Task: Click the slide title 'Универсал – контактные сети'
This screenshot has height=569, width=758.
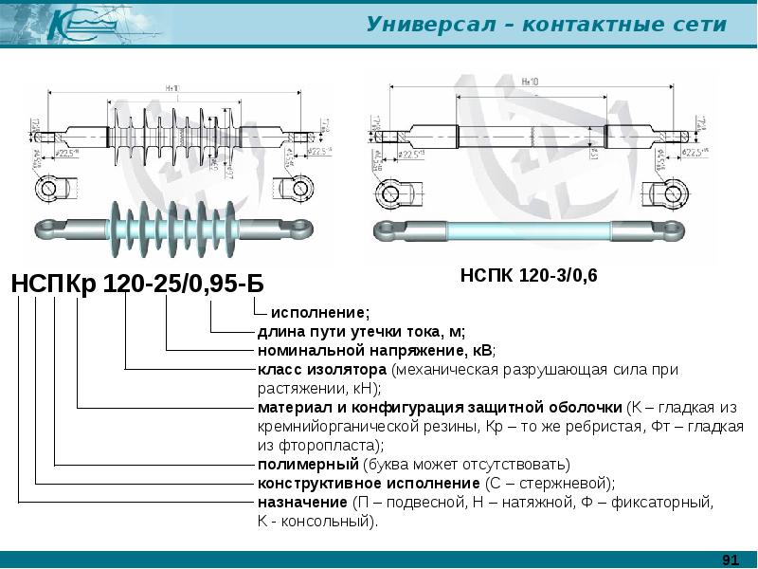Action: click(547, 25)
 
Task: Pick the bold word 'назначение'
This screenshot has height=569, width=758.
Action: click(302, 502)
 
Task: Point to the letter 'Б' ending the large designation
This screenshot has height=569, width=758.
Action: click(254, 284)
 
